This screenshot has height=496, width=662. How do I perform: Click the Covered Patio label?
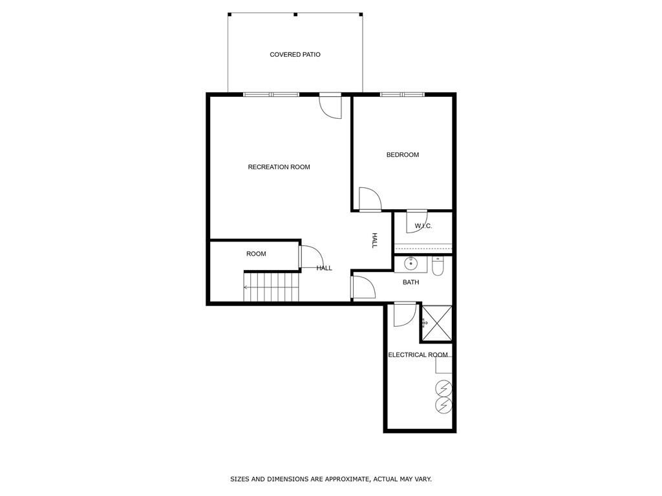click(295, 55)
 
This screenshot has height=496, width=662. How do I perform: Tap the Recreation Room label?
click(279, 167)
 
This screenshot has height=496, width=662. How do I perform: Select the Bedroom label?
click(402, 155)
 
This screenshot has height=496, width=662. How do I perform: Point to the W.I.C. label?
click(423, 226)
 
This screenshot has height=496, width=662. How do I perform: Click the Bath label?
click(411, 282)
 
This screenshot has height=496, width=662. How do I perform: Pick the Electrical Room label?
click(418, 355)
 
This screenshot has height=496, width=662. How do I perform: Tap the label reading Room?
click(256, 254)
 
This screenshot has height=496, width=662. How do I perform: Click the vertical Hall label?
click(374, 241)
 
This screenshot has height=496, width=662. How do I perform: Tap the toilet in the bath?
click(438, 267)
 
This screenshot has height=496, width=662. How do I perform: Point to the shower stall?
click(436, 323)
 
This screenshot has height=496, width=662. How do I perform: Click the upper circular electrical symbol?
click(443, 388)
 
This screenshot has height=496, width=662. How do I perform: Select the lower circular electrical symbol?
click(443, 405)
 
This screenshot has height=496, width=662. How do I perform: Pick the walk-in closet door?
click(416, 222)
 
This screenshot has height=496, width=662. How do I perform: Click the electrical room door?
click(405, 314)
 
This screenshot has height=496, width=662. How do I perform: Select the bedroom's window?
click(402, 95)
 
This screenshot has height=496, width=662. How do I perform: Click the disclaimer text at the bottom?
click(331, 479)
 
